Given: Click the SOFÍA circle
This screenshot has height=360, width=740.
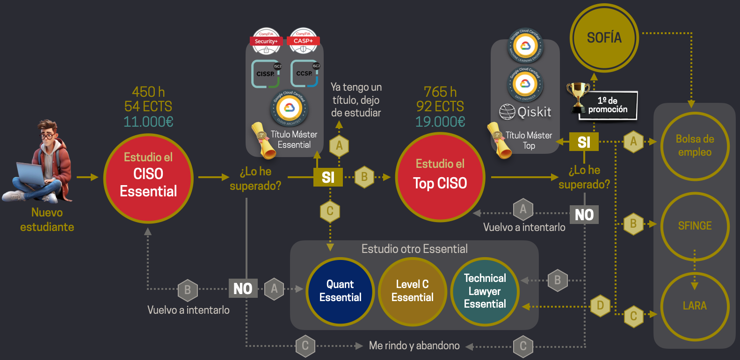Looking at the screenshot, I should coord(604,38).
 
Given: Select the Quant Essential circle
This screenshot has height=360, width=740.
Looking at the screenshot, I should coord(340,291).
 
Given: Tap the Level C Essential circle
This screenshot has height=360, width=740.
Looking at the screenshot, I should coord(412,291).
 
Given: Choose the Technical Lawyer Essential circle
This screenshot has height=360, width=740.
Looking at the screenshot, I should coord(485,291).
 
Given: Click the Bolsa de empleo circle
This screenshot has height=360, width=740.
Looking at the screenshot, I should coord(695,146).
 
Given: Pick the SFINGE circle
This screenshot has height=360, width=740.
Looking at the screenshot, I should coord(695,226).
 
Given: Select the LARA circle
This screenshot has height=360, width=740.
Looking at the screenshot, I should coord(695,306).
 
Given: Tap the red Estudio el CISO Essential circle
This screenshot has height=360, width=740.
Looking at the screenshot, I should coord(148,178).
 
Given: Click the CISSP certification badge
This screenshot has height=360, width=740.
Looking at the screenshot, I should coord(266,73).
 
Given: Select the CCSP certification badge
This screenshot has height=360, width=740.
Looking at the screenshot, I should coord(305,73).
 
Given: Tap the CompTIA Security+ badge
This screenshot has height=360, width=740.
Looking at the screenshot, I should coord(266,41).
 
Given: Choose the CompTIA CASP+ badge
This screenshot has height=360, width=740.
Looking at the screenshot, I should coord(303,41).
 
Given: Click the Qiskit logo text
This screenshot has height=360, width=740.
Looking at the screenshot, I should coord(526,112).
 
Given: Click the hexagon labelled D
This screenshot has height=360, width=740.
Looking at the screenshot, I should coord(600,306).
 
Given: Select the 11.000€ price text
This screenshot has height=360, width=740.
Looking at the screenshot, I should coord(148,122).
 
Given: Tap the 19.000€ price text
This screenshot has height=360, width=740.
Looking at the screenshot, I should coord(440,122).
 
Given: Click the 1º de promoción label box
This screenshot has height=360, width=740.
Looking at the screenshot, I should coord(608,105).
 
